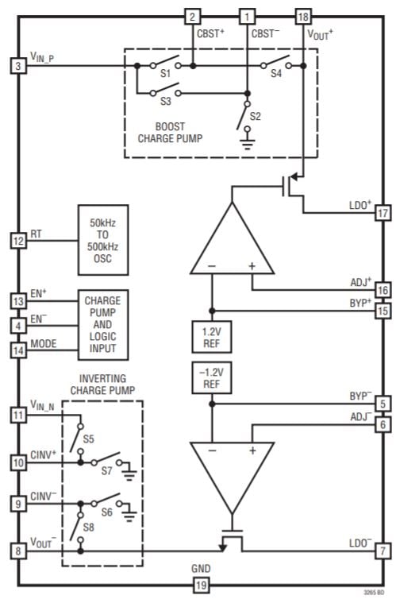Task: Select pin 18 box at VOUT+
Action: click(x=302, y=17)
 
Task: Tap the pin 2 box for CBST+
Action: click(x=192, y=17)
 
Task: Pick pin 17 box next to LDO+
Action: click(x=382, y=214)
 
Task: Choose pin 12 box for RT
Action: click(x=18, y=239)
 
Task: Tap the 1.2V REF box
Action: click(x=211, y=335)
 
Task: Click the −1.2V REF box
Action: click(x=211, y=377)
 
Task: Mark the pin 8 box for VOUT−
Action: click(x=18, y=550)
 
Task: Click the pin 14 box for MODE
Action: click(x=18, y=346)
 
